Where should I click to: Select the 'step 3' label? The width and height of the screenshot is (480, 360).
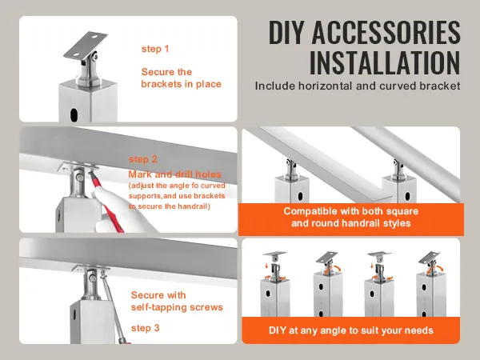tap(146, 328)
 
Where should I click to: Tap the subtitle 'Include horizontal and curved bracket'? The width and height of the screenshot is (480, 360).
tap(358, 85)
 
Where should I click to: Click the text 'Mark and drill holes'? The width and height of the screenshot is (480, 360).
tap(174, 174)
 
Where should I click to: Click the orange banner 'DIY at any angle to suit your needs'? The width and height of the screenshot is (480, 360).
tap(350, 330)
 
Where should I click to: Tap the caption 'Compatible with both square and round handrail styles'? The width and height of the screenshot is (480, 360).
tap(350, 218)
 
